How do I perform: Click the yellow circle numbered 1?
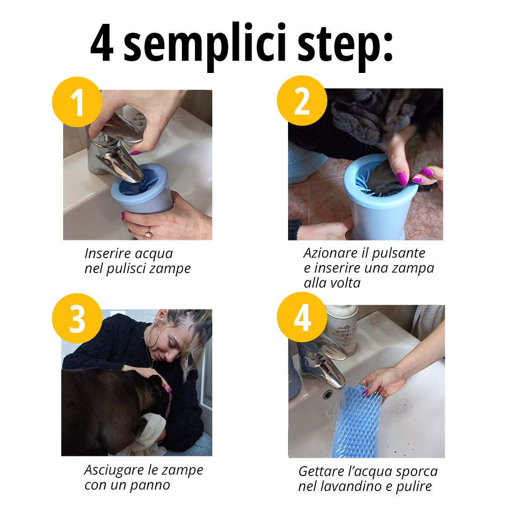pos(77,102)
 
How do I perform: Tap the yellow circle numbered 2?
pos(302,101)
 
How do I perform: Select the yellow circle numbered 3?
pos(77,318)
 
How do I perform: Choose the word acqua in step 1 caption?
pos(154,253)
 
